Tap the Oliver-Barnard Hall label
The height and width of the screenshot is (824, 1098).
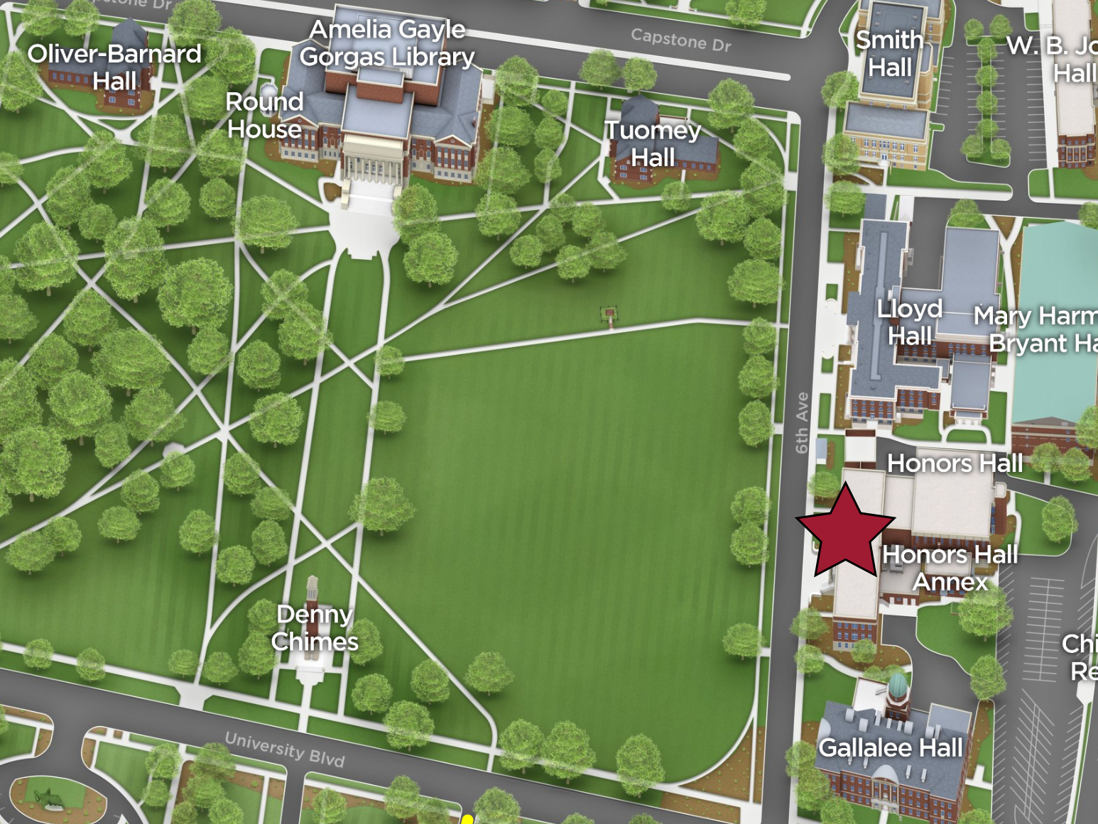(114, 67)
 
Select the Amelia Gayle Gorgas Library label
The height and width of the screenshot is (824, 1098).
(387, 43)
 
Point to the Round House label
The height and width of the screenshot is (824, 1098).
(264, 115)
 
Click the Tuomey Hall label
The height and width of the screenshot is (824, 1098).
(653, 143)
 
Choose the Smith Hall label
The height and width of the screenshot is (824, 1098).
(889, 54)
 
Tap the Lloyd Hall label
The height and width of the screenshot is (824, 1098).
(910, 322)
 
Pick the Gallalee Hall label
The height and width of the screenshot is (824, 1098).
(891, 747)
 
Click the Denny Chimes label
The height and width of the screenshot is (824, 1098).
(315, 627)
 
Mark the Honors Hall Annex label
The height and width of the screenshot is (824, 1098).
(950, 568)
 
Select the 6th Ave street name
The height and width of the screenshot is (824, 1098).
(803, 423)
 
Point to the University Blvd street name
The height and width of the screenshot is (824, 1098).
(285, 749)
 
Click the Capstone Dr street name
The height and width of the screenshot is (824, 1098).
(680, 40)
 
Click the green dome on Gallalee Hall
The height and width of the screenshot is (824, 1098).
(898, 685)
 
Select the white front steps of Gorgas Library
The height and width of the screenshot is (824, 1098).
(368, 195)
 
